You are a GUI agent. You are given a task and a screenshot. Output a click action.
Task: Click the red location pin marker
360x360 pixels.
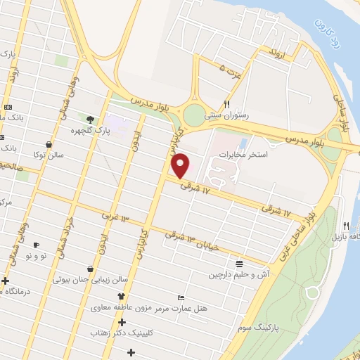click(x=181, y=166)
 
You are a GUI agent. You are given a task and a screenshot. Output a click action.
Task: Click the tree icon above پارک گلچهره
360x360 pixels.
click(x=89, y=119)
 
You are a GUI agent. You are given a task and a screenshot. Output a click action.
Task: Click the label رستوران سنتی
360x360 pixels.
click(x=223, y=113)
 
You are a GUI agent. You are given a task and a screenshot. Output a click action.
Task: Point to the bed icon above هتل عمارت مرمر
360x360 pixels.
click(x=181, y=297)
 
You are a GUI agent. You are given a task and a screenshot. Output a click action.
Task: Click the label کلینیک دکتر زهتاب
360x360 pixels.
click(x=128, y=332)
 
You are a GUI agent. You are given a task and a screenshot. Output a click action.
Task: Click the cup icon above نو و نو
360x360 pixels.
click(x=35, y=245)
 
